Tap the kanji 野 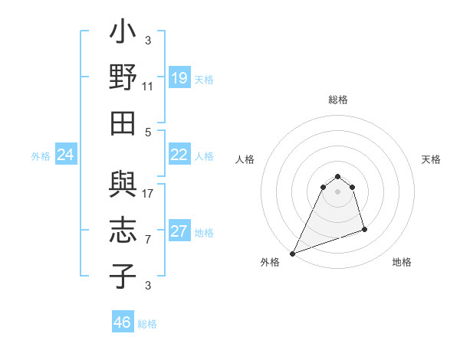click(123, 79)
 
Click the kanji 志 click(123, 231)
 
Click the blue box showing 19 click(179, 78)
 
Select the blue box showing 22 click(179, 155)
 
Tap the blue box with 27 click(179, 232)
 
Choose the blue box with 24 click(65, 155)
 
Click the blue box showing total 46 click(123, 322)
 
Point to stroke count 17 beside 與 click(149, 194)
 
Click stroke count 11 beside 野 click(148, 87)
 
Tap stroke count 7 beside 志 click(148, 240)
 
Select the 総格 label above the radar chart click(337, 100)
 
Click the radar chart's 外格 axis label click(270, 262)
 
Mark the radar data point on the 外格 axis click(293, 253)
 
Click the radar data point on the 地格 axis click(364, 229)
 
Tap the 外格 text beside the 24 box click(41, 156)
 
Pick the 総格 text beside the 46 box click(147, 324)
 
